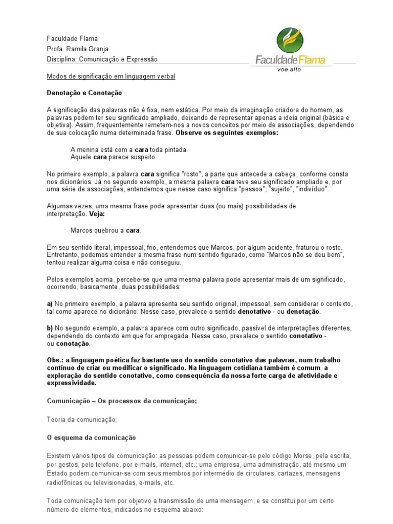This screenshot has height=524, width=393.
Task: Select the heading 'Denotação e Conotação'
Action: tap(84, 93)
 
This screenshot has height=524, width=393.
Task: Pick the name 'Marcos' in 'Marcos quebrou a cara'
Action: tap(82, 230)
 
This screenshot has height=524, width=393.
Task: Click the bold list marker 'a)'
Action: tap(50, 304)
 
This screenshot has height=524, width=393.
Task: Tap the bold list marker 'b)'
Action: tap(50, 327)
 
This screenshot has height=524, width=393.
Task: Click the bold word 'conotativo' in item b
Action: tap(307, 336)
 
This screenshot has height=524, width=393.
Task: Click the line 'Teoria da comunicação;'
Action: tap(82, 420)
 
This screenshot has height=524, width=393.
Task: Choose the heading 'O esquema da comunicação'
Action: tap(91, 438)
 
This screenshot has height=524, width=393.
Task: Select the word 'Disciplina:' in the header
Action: tap(62, 59)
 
